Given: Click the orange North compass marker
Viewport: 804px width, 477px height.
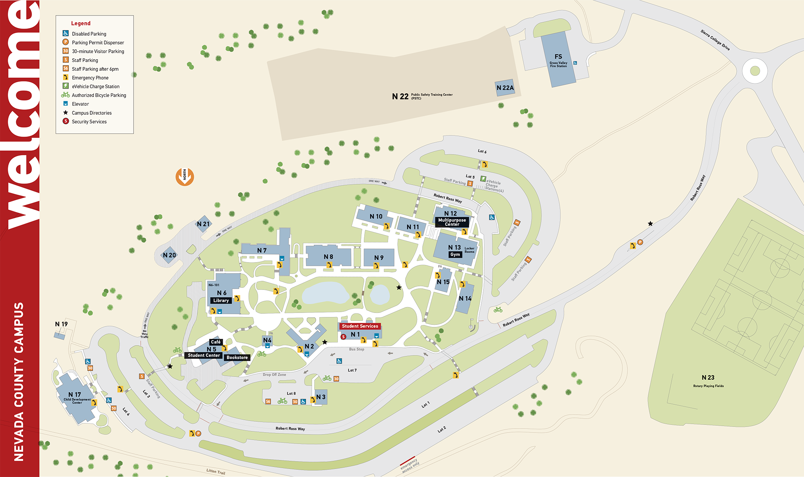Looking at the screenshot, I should pyautogui.click(x=184, y=177).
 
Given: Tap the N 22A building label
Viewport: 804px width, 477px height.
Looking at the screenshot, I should pyautogui.click(x=505, y=88).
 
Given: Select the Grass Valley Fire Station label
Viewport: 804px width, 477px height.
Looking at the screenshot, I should pyautogui.click(x=558, y=64).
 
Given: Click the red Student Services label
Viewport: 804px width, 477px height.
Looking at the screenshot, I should pyautogui.click(x=360, y=326).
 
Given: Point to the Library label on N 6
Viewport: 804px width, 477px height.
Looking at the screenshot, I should pyautogui.click(x=221, y=301).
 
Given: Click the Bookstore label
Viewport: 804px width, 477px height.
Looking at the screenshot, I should pyautogui.click(x=237, y=357).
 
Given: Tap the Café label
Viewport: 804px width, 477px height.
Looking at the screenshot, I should pyautogui.click(x=216, y=342).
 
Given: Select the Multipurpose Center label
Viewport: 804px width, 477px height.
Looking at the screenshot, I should pyautogui.click(x=452, y=222).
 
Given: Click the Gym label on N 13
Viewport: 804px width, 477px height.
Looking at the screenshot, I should pyautogui.click(x=455, y=255).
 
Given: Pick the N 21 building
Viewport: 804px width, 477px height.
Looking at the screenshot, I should pyautogui.click(x=203, y=224).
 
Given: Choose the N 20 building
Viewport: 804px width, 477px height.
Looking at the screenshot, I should pyautogui.click(x=169, y=255).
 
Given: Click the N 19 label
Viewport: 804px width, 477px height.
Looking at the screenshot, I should pyautogui.click(x=61, y=324).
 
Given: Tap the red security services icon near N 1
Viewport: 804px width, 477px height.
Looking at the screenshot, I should pyautogui.click(x=344, y=337).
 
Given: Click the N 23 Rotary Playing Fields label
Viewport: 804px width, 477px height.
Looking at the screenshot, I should pyautogui.click(x=708, y=380).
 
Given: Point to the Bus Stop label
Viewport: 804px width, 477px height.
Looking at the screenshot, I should pyautogui.click(x=356, y=350).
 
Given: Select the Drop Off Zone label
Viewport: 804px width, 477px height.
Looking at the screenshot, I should pyautogui.click(x=274, y=375).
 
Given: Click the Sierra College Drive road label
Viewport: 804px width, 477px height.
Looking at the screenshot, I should pyautogui.click(x=715, y=40).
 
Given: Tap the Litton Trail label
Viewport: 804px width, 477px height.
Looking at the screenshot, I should pyautogui.click(x=216, y=471).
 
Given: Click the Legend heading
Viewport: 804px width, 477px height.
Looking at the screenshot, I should pyautogui.click(x=81, y=23).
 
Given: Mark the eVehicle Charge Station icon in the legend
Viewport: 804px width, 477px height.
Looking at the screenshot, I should pyautogui.click(x=66, y=86).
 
